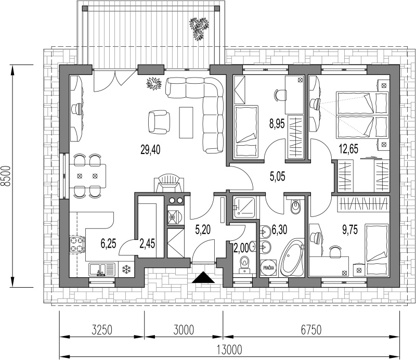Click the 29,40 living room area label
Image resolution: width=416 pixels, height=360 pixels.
click(x=150, y=150)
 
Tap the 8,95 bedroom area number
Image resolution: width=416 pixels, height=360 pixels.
click(x=277, y=124)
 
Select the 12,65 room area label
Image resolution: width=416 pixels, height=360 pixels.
click(x=349, y=149)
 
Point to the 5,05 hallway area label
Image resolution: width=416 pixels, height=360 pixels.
click(x=278, y=176)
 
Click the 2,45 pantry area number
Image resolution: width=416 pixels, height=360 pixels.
click(x=147, y=243)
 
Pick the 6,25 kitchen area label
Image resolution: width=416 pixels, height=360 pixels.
click(x=108, y=243)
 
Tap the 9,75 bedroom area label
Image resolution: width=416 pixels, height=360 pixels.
click(x=349, y=229)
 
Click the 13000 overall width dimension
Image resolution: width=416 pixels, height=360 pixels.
click(x=229, y=350)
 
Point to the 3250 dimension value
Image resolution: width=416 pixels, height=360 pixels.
click(x=102, y=330)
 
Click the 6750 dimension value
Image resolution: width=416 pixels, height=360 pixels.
click(x=311, y=330)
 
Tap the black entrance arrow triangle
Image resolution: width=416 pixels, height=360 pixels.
click(x=203, y=278)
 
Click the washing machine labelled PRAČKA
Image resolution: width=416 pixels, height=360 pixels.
click(x=268, y=268)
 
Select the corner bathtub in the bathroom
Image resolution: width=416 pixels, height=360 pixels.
click(x=292, y=258)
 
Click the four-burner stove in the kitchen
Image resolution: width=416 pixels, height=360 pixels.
click(x=77, y=245)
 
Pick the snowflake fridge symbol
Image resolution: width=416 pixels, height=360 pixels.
click(x=126, y=269)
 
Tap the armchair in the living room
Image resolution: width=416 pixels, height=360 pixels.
click(x=159, y=122)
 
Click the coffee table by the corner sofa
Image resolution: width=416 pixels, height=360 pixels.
click(x=186, y=122)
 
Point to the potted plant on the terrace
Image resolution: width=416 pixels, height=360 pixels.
click(x=199, y=28)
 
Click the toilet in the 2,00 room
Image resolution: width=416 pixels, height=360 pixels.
click(x=243, y=264)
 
